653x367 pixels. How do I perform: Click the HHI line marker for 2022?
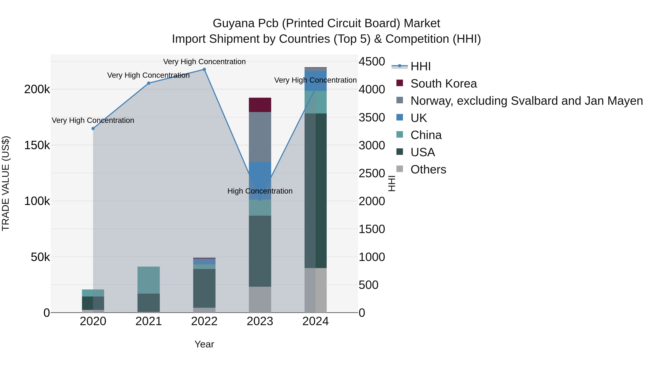click(x=204, y=69)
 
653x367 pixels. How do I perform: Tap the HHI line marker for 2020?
click(x=93, y=128)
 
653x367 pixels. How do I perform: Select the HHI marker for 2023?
click(x=260, y=200)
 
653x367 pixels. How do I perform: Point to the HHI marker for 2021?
click(x=149, y=83)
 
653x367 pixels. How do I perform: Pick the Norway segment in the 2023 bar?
click(x=260, y=137)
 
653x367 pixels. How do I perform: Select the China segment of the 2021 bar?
click(x=149, y=280)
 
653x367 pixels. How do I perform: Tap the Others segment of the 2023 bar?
click(x=260, y=299)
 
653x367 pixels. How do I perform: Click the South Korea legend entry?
click(x=444, y=84)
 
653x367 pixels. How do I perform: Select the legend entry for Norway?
click(x=527, y=101)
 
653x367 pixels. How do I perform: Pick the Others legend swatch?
click(x=399, y=169)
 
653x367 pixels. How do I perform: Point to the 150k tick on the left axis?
click(x=37, y=145)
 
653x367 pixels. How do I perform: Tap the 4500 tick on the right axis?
click(x=372, y=62)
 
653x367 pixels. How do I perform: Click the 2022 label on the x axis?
click(x=204, y=321)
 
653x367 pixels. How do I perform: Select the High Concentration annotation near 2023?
click(x=260, y=191)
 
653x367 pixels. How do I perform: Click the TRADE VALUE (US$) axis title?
click(x=6, y=183)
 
